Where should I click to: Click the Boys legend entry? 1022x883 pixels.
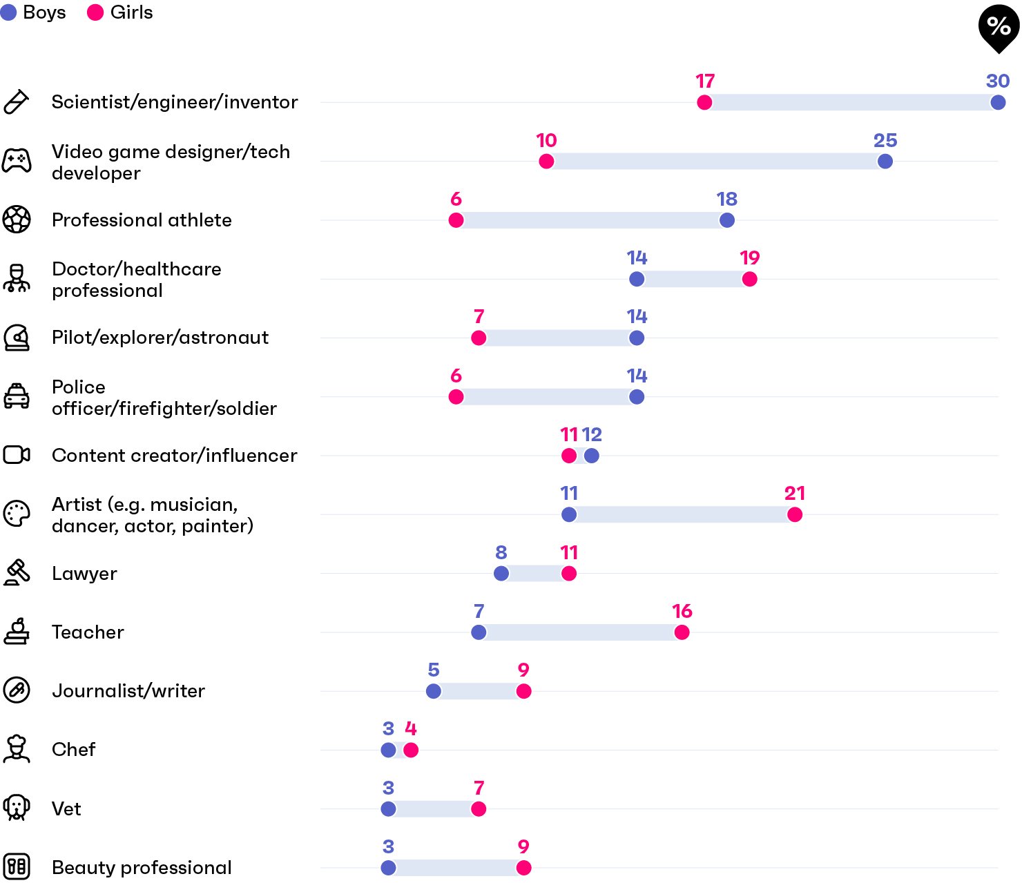click(32, 12)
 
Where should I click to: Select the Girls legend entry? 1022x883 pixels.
click(119, 12)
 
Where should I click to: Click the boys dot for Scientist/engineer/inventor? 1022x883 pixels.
click(998, 102)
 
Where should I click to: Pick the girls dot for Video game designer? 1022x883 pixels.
click(546, 161)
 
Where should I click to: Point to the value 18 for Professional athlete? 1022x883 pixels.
click(726, 199)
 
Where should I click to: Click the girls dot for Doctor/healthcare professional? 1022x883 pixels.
click(749, 279)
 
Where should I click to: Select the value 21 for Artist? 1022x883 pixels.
click(794, 493)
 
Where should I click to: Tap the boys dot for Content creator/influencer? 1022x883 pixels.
click(591, 456)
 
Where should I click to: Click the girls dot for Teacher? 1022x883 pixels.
click(682, 632)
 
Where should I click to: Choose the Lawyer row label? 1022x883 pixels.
click(84, 574)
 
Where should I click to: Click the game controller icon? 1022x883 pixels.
click(17, 160)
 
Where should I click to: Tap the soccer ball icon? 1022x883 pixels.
click(17, 219)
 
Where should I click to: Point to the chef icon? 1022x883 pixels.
click(17, 748)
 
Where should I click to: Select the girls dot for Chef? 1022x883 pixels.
click(410, 750)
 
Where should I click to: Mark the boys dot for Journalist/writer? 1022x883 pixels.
click(433, 690)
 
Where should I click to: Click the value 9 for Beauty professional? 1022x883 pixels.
click(523, 846)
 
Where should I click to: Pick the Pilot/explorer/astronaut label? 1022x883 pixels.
click(160, 337)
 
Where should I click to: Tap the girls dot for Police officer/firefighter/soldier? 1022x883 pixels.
click(455, 396)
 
